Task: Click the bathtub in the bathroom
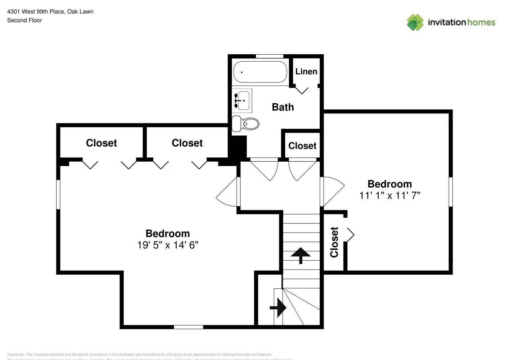260,72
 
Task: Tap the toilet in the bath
246,124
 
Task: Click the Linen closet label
306,72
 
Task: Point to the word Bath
283,107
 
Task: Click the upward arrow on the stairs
300,255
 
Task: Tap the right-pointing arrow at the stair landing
278,308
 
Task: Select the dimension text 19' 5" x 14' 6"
168,245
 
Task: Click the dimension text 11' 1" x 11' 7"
389,195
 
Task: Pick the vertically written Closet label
334,242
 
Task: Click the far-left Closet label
101,143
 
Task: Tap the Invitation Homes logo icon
415,22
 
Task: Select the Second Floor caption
24,21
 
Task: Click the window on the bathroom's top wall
269,56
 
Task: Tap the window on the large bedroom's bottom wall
188,327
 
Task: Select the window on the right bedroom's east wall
450,192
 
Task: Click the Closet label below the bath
302,146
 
